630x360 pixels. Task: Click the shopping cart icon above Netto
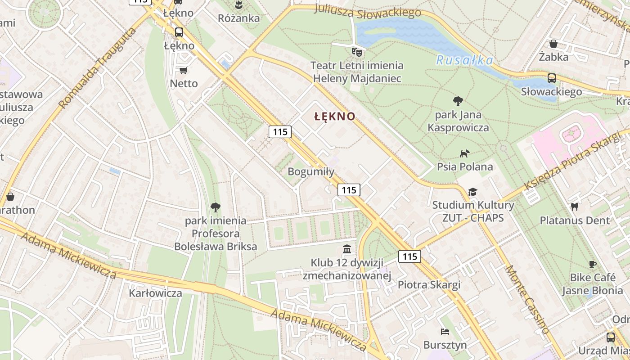pyautogui.click(x=183, y=70)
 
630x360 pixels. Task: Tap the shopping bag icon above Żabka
pyautogui.click(x=553, y=44)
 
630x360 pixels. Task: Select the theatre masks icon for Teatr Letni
pyautogui.click(x=357, y=52)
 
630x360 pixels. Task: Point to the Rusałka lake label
pyautogui.click(x=464, y=60)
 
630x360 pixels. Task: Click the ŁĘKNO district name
pyautogui.click(x=335, y=116)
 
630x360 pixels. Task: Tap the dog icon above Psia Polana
pyautogui.click(x=464, y=153)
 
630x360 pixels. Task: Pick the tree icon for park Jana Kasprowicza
pyautogui.click(x=458, y=101)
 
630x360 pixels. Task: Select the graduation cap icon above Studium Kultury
pyautogui.click(x=472, y=192)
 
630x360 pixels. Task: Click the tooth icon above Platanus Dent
pyautogui.click(x=574, y=207)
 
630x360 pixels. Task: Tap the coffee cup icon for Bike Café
pyautogui.click(x=592, y=264)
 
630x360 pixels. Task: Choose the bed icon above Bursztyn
pyautogui.click(x=445, y=332)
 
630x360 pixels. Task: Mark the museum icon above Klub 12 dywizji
pyautogui.click(x=347, y=249)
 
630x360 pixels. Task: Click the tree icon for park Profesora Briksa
pyautogui.click(x=216, y=207)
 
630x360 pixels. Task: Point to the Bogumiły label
pyautogui.click(x=311, y=171)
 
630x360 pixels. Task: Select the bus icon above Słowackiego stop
pyautogui.click(x=552, y=78)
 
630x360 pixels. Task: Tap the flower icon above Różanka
pyautogui.click(x=238, y=5)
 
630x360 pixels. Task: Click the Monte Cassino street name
pyautogui.click(x=527, y=299)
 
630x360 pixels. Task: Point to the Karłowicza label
pyautogui.click(x=156, y=293)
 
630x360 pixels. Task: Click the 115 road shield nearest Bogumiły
pyautogui.click(x=349, y=190)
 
